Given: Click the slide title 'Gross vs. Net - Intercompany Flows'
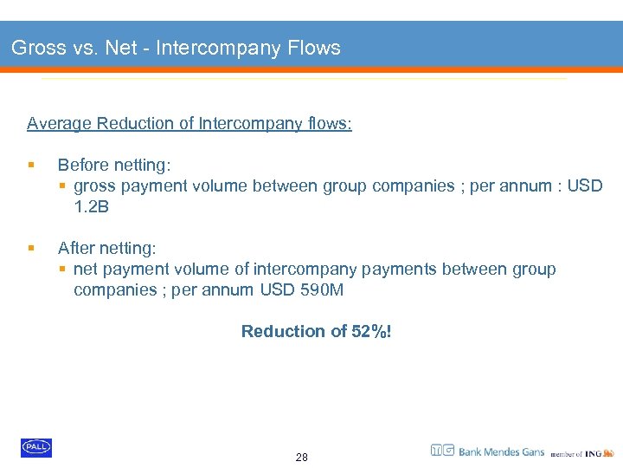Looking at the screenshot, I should (x=176, y=49).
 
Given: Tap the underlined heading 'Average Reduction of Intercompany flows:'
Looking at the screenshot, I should (x=189, y=123).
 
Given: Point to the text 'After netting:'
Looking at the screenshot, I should (x=107, y=248).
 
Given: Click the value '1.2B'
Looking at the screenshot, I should (x=92, y=206).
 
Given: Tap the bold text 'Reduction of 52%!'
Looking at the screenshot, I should (x=316, y=331).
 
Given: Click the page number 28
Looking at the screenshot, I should (x=301, y=457).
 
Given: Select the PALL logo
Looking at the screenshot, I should (x=36, y=447).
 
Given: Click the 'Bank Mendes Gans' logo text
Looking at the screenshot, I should (x=501, y=452).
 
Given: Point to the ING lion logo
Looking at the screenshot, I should (x=608, y=452).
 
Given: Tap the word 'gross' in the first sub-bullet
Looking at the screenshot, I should (x=93, y=185).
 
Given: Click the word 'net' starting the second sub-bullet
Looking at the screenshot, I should (x=85, y=269).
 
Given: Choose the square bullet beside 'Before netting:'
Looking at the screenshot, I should (x=31, y=165).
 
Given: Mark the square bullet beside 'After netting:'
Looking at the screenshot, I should (x=31, y=248).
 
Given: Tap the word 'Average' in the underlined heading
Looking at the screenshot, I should (x=60, y=123).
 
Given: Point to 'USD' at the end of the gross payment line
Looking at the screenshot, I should (x=585, y=185).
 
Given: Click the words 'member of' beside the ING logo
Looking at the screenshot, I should (x=567, y=454).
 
